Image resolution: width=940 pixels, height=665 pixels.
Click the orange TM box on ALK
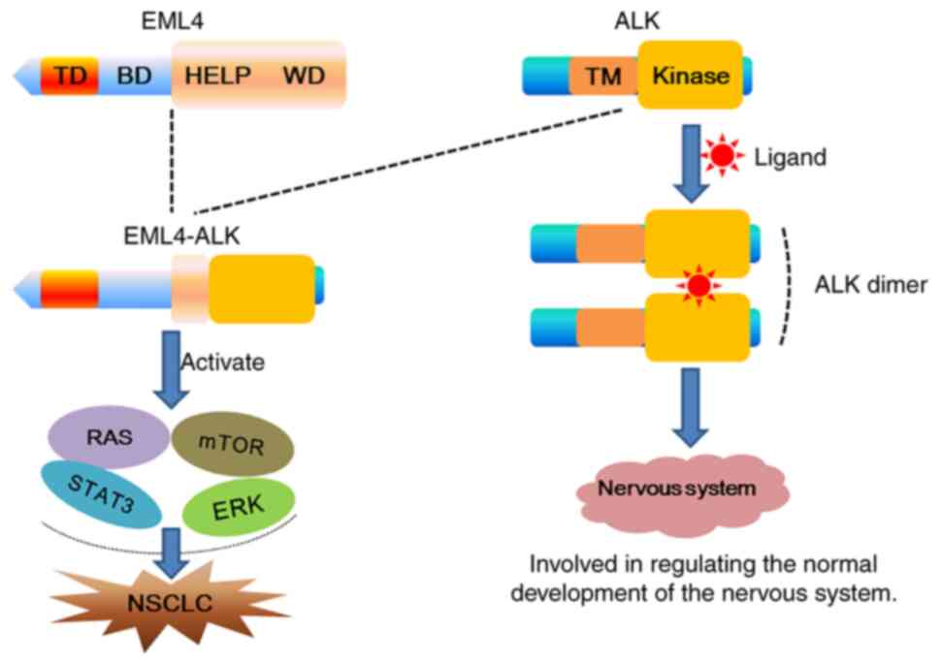coord(603,76)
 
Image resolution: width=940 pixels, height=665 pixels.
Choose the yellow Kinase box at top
coord(690,74)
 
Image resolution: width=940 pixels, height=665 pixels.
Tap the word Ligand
coord(791,155)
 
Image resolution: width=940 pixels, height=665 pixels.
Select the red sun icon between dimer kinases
coord(697,285)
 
